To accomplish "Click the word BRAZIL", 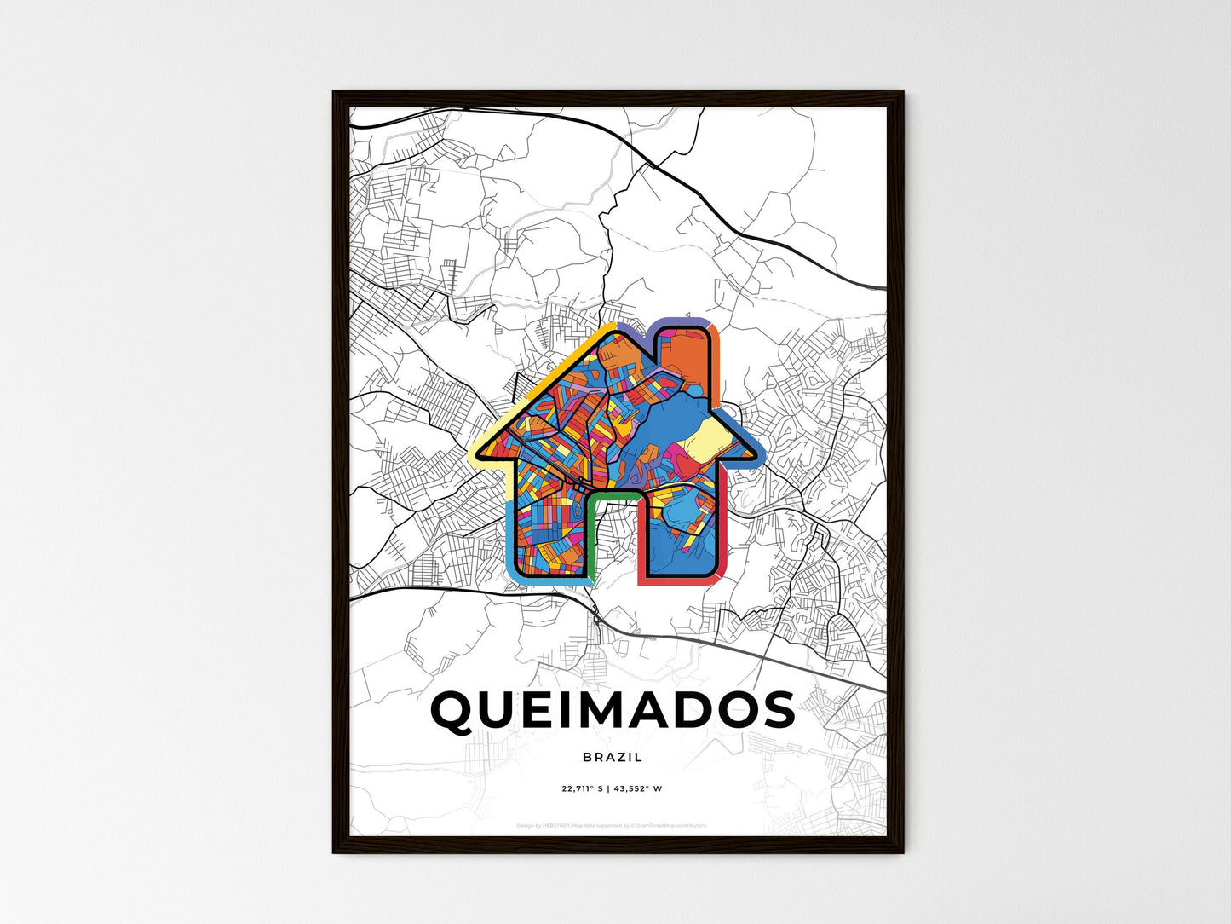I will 613,757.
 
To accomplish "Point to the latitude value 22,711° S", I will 582,788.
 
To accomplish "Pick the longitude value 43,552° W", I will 638,788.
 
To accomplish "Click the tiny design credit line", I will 612,825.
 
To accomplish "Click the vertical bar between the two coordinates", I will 607,788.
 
